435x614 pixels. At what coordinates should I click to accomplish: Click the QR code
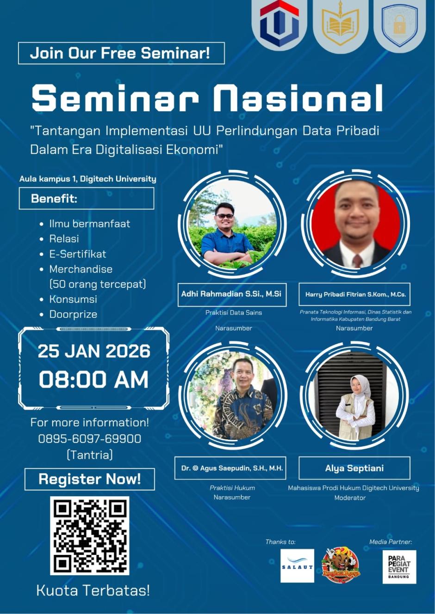[89, 535]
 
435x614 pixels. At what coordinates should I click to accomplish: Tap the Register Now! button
[89, 479]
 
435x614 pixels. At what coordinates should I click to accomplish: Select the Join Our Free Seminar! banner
[121, 53]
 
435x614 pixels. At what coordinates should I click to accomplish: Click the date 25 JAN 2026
[94, 351]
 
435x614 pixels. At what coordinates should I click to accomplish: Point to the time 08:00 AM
[94, 380]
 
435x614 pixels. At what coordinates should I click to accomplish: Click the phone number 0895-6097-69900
[90, 438]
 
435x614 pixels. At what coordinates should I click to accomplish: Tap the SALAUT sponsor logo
[297, 566]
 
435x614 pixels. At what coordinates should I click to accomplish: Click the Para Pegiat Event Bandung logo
[399, 567]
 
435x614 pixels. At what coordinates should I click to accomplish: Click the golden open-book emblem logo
[340, 26]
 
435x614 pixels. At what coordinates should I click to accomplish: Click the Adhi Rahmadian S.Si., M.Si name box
[232, 294]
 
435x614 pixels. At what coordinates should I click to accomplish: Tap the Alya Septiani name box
[354, 468]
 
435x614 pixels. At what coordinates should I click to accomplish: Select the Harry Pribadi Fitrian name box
[355, 294]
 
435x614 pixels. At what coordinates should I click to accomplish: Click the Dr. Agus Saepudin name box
[232, 468]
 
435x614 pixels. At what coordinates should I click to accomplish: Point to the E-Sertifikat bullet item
[77, 254]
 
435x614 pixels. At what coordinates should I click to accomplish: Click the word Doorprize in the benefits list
[73, 314]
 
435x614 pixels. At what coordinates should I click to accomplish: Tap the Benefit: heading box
[87, 199]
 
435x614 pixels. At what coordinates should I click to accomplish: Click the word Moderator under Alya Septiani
[350, 498]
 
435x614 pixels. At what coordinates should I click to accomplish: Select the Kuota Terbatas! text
[93, 590]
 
